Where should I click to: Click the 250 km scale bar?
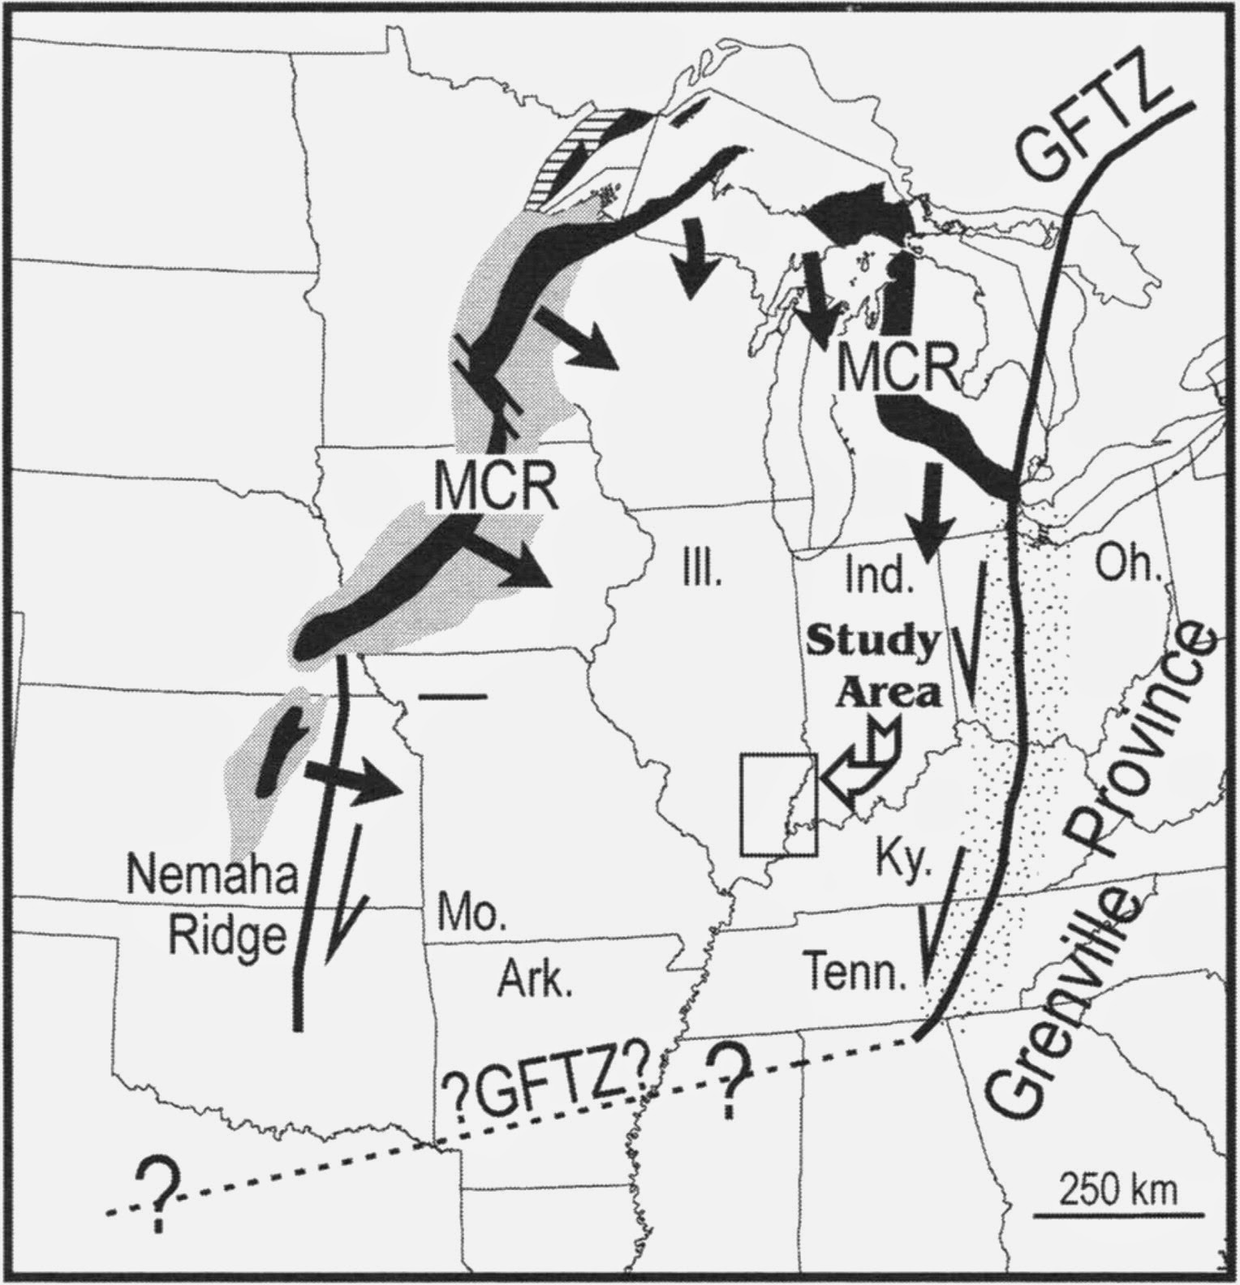tap(1117, 1214)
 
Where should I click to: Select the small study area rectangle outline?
tap(778, 804)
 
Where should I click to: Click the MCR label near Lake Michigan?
tap(896, 368)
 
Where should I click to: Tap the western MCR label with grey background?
tap(494, 487)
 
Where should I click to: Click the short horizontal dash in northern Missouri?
tap(453, 695)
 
